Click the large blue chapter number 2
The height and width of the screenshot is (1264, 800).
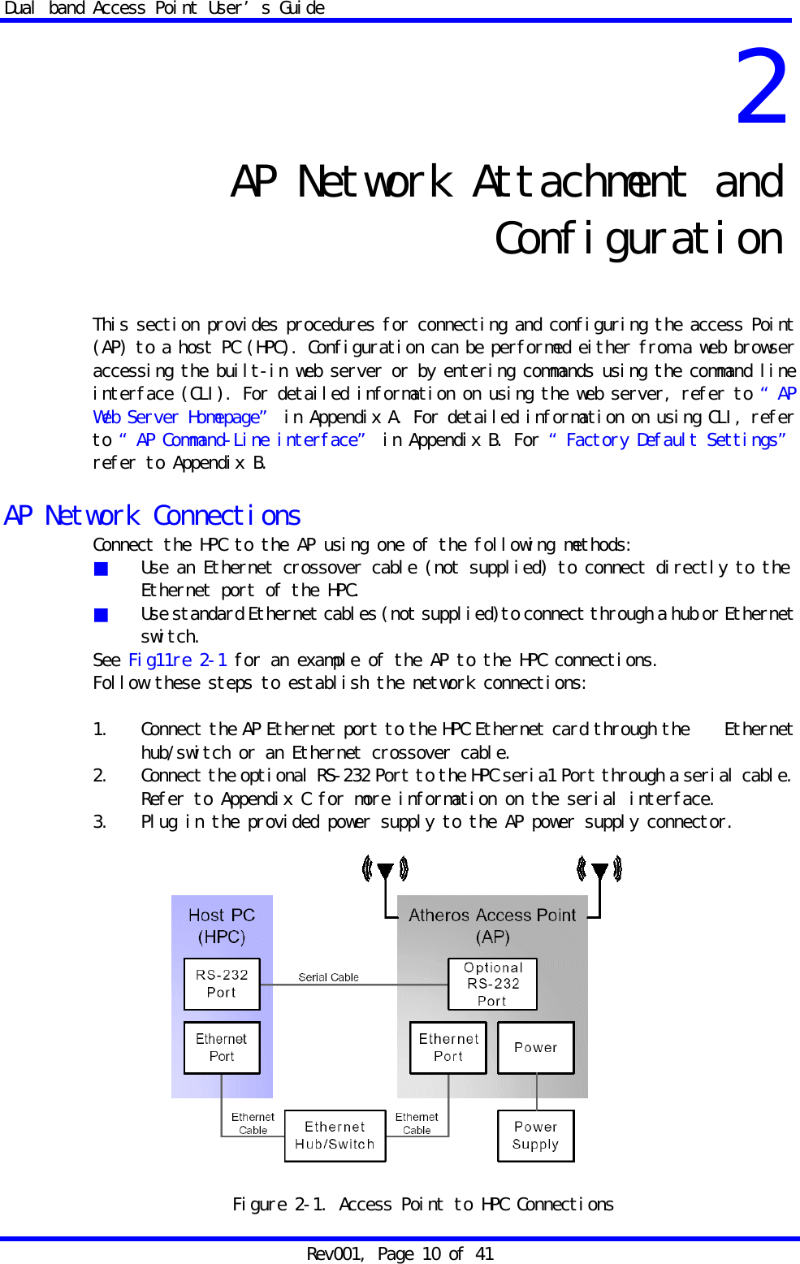(762, 88)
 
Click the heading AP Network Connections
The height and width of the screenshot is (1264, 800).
(153, 516)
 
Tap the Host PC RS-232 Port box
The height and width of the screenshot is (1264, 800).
(222, 984)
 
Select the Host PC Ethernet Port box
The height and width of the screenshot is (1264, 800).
(222, 1048)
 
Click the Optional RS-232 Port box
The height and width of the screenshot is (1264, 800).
(492, 984)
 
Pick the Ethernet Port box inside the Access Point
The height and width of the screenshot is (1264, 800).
(448, 1048)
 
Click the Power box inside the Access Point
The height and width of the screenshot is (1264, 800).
(536, 1048)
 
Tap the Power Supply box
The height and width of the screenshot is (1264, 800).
(536, 1136)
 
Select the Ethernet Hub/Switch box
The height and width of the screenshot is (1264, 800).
(335, 1136)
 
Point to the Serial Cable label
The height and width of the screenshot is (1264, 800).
(328, 977)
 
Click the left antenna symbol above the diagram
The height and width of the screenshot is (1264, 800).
(385, 871)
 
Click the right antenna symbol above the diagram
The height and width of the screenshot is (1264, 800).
(599, 871)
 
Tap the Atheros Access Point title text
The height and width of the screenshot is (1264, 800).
(492, 916)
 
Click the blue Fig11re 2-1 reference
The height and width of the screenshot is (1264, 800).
(178, 660)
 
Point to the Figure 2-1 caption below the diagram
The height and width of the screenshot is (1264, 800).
(422, 1205)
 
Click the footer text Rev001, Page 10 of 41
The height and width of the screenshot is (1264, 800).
(400, 1254)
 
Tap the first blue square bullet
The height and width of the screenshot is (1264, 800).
(101, 569)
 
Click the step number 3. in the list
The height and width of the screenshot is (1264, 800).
(99, 822)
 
